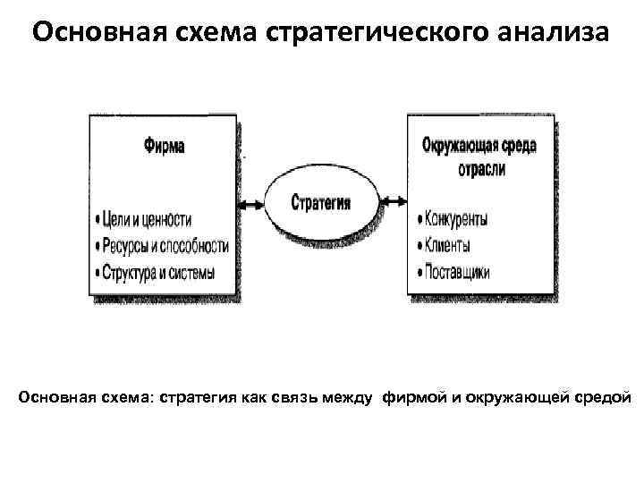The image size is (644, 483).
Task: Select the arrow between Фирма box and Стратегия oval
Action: coord(252,204)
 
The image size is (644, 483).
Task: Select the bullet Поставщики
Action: coord(456,273)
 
